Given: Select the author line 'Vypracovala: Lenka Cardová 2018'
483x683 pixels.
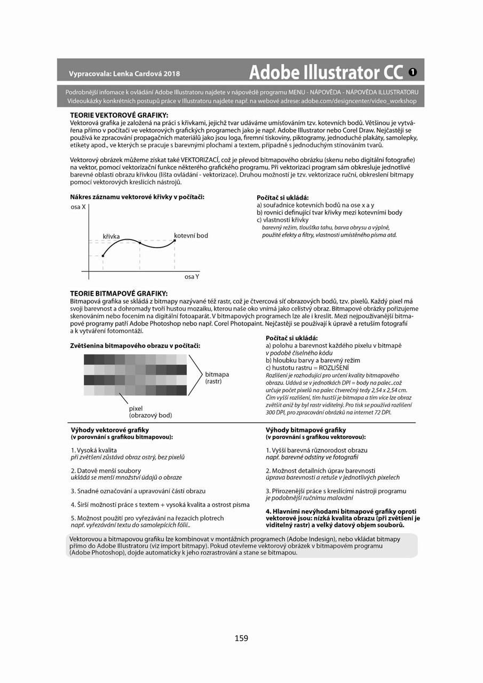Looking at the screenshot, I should (x=124, y=74).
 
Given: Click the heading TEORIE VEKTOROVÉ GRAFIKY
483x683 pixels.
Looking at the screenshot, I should (x=119, y=115).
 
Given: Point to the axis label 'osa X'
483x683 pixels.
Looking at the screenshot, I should (x=78, y=207).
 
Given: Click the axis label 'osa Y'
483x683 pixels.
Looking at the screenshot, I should (x=192, y=277).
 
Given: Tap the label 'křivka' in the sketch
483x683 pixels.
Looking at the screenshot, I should (x=112, y=236).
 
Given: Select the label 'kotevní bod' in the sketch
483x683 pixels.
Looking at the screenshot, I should (x=191, y=235).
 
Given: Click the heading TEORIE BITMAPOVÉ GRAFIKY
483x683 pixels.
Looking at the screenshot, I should (x=119, y=293).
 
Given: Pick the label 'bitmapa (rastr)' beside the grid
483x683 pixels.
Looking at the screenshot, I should (x=217, y=378).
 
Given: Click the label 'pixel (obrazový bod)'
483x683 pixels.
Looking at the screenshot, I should (x=150, y=411).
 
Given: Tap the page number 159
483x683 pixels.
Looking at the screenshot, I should (x=241, y=638).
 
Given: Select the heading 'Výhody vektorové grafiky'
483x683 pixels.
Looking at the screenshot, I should (x=110, y=430).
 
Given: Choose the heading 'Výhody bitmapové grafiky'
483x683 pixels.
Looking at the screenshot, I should (x=306, y=430).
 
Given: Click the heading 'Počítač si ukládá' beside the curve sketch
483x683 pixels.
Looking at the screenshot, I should (x=282, y=197).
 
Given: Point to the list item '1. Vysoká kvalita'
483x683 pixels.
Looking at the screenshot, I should (x=94, y=450).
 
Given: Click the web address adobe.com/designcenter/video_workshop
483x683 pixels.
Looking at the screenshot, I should (x=359, y=101).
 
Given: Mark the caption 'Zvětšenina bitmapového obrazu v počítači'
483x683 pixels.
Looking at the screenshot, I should (x=136, y=346).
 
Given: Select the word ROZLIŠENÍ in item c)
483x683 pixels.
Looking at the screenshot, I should (x=334, y=368).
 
